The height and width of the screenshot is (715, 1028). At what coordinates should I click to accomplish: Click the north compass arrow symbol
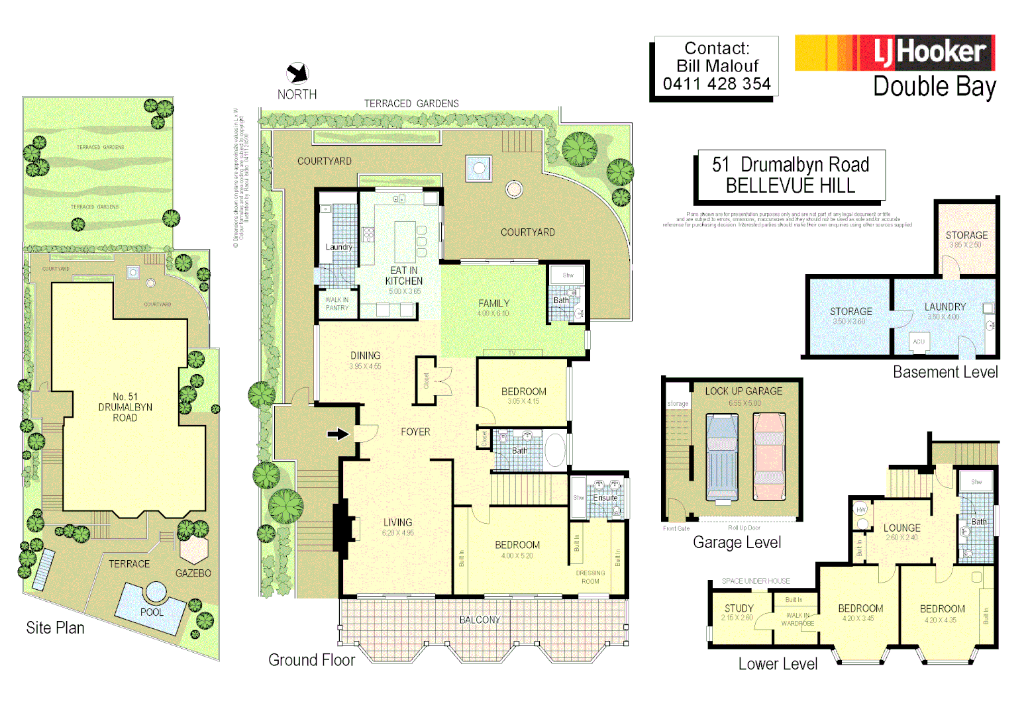pos(297,73)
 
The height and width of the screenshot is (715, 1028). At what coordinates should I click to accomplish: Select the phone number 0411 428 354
pos(717,84)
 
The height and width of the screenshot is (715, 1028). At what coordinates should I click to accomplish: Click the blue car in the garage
pos(721,457)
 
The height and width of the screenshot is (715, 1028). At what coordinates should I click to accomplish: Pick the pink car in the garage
pos(769,457)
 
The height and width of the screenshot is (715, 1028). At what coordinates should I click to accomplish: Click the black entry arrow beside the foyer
pos(338,434)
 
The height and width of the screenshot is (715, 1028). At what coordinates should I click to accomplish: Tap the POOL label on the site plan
pos(152,612)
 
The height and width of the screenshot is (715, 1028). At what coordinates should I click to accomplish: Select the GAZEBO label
pos(193,573)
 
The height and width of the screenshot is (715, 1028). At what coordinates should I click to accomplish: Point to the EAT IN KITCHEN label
pos(404,275)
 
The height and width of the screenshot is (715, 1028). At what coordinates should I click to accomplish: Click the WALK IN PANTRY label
pos(336,304)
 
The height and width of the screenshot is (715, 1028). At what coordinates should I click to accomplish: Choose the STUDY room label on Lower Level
pos(739,608)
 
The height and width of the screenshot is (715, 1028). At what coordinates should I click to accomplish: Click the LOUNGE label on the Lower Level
pos(901,528)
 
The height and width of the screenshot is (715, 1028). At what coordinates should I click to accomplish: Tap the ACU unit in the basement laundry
pos(919,342)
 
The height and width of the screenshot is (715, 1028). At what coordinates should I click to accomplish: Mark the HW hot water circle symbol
pos(861,509)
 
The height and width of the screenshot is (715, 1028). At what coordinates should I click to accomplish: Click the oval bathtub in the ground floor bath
pos(554,450)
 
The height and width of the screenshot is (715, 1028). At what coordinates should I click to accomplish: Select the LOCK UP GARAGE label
pos(743,391)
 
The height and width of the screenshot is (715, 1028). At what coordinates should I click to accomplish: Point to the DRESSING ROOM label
pos(590,577)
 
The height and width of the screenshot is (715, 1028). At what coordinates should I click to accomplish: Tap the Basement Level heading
pos(945,372)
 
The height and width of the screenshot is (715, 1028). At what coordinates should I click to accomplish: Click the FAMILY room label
pos(494,303)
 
